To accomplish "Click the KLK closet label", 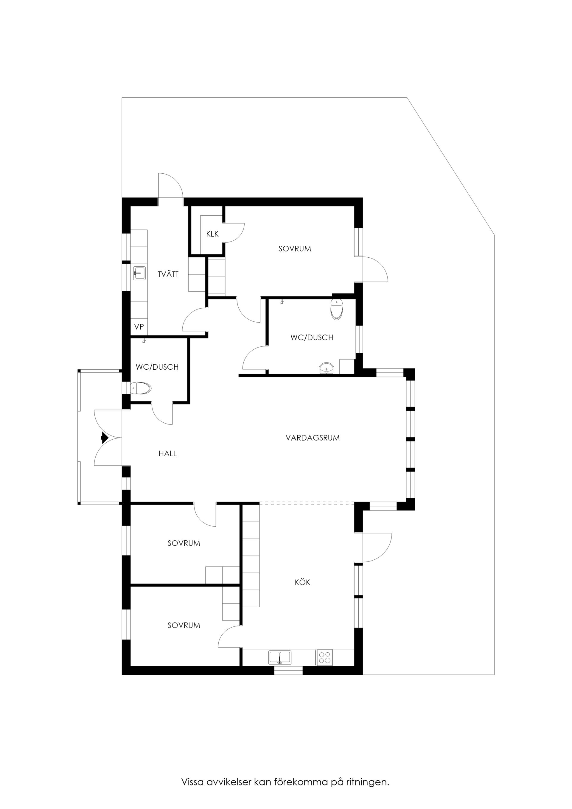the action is tap(212, 234).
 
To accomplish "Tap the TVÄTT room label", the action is tap(168, 274).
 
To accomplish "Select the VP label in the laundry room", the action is tap(139, 327).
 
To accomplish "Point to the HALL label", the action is tap(167, 454).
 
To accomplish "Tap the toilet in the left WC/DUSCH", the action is tap(141, 388).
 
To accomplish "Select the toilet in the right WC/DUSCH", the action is tap(337, 309).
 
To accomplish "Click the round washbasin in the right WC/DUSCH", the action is tap(327, 369).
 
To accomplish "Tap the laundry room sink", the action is tap(139, 273).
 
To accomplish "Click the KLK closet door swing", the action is tap(235, 233).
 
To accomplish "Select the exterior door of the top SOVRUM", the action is tap(376, 269).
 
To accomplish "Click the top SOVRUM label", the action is tap(295, 249).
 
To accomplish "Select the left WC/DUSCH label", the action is tap(157, 367).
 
